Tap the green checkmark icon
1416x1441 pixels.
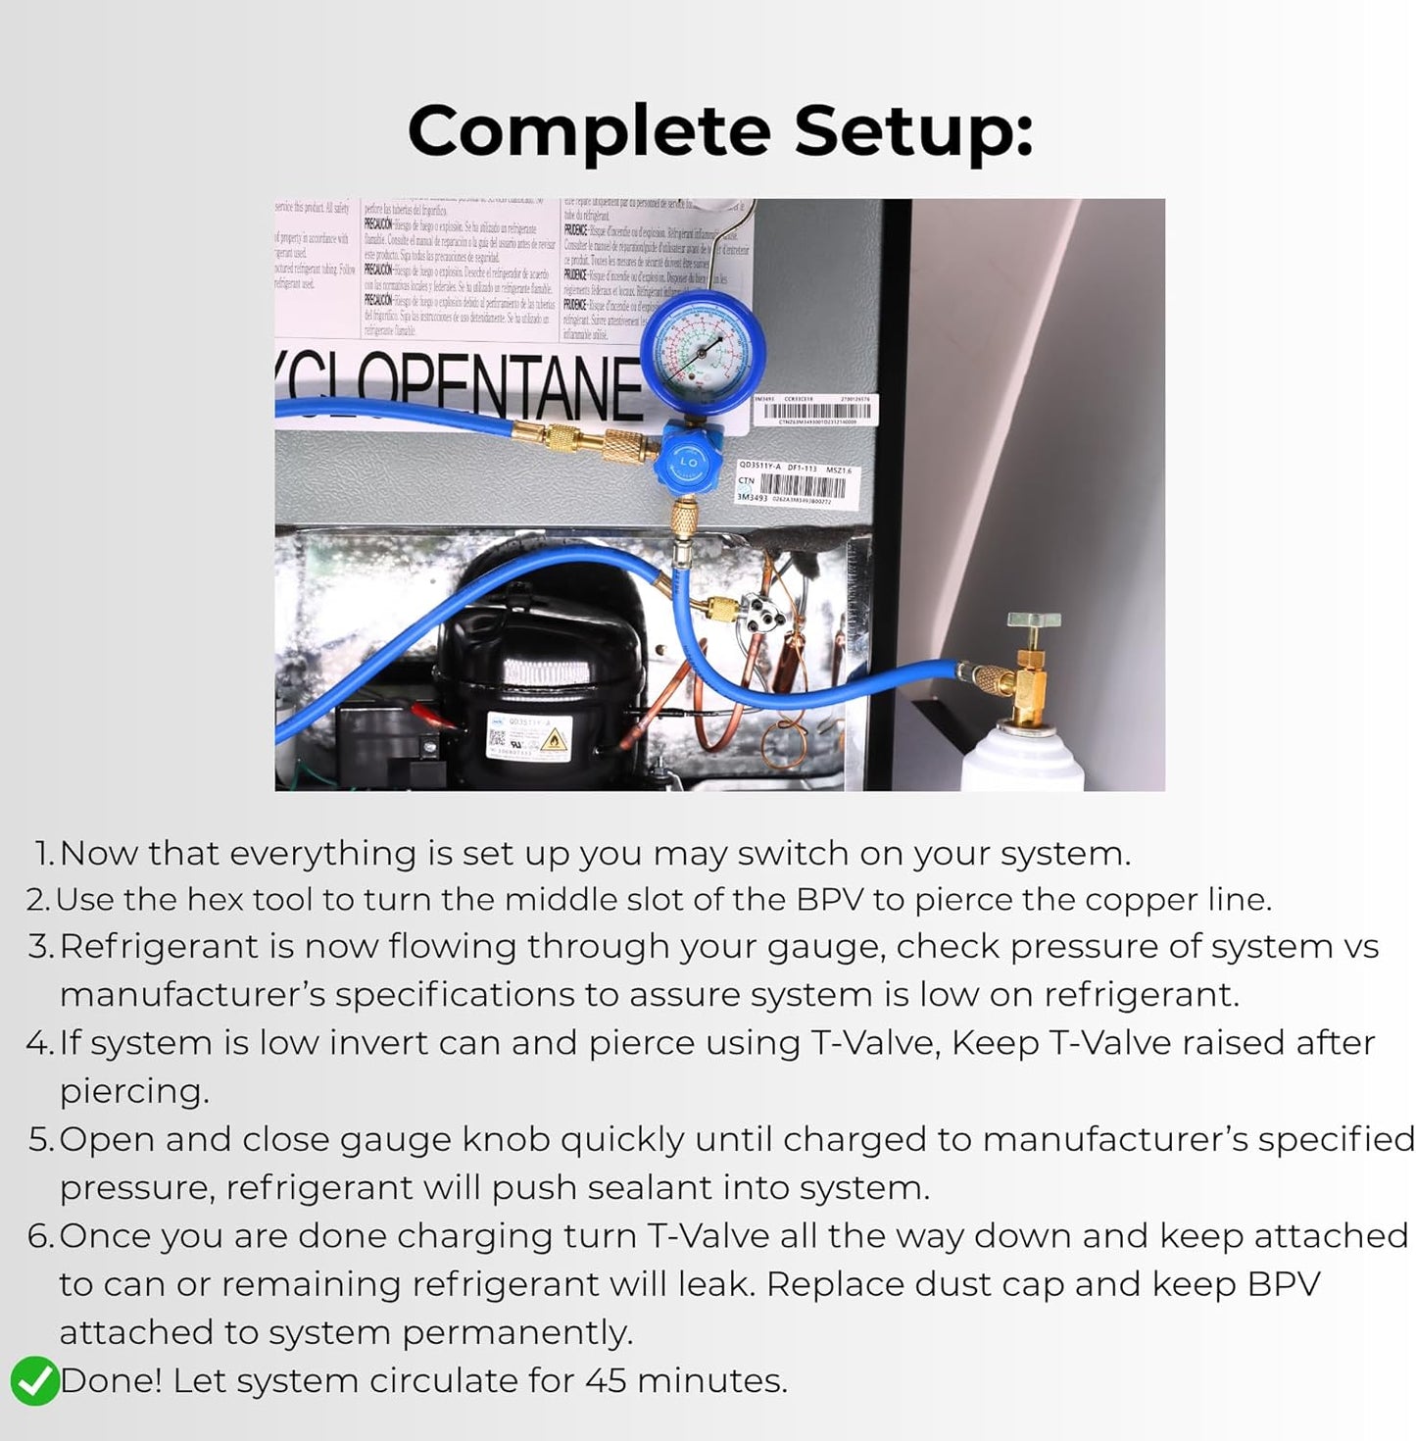point(34,1381)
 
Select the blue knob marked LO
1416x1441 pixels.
point(689,461)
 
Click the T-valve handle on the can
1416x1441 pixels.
point(1034,621)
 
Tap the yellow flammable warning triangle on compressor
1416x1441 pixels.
point(556,738)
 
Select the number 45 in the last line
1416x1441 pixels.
point(605,1381)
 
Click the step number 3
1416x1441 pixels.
point(39,947)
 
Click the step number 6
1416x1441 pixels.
point(39,1236)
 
